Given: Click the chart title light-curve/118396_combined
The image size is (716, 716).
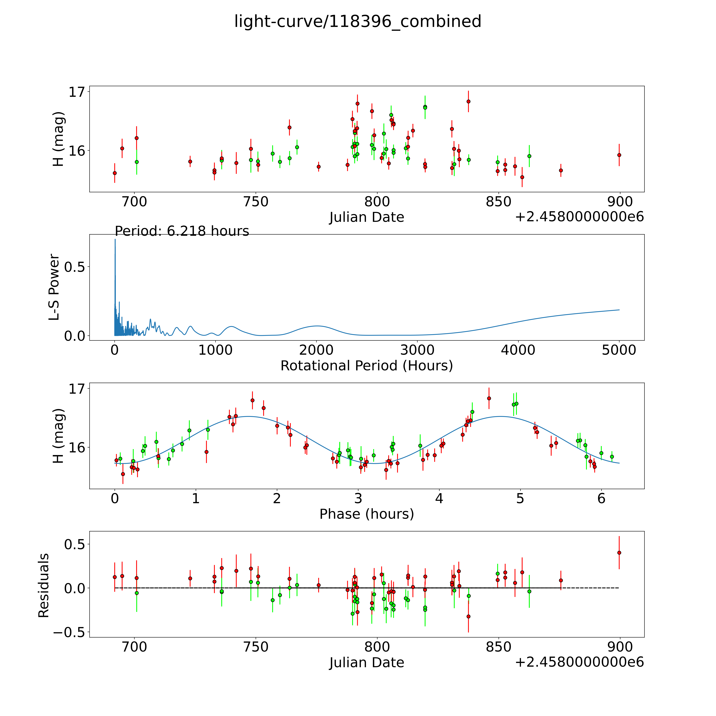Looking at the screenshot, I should pos(358,21).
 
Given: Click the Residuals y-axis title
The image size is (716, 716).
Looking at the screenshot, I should pos(44,586).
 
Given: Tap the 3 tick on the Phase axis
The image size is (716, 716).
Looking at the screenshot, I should pos(358,498).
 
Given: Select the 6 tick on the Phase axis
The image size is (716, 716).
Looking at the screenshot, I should pos(601,498).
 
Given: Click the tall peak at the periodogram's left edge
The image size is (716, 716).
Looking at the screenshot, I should pos(115,241).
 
